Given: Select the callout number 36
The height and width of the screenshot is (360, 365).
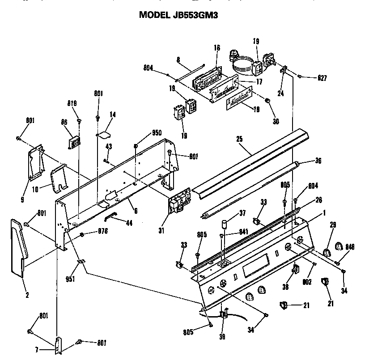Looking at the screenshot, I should click(x=318, y=161).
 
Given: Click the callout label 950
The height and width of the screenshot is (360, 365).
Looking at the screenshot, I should click(x=157, y=133).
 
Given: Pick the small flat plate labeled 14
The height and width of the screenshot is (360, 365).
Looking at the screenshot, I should click(x=105, y=133).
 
